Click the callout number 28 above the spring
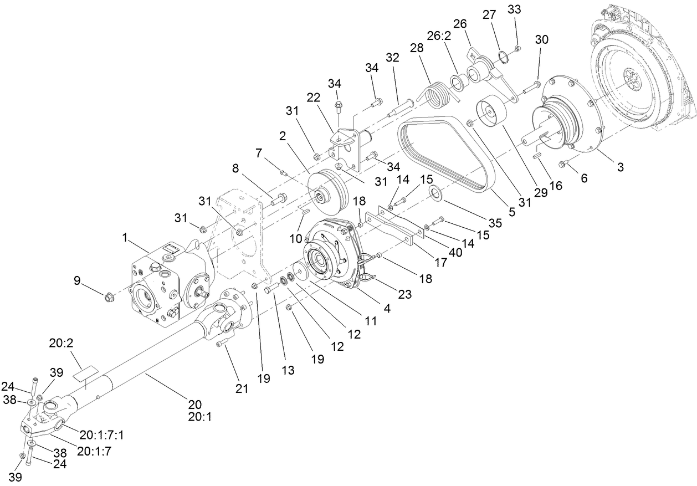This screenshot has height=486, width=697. (416, 48)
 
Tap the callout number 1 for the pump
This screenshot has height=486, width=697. (125, 237)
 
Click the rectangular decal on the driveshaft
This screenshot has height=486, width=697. (84, 375)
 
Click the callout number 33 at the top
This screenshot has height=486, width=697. (514, 10)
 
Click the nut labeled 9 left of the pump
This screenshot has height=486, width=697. (108, 297)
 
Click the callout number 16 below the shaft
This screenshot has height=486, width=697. (555, 185)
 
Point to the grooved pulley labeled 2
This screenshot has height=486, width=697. (327, 191)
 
